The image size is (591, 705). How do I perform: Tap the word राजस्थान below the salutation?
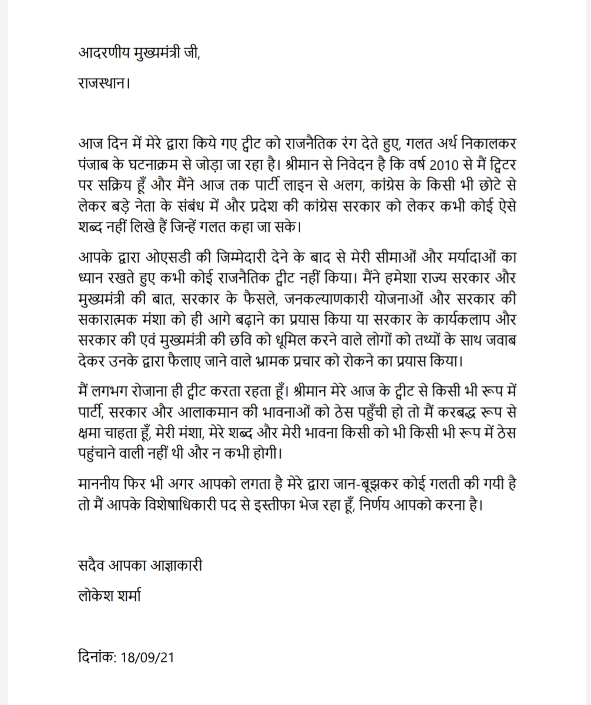coord(102,83)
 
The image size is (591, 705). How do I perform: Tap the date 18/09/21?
coord(147,657)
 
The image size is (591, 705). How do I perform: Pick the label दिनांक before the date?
coord(97,656)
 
